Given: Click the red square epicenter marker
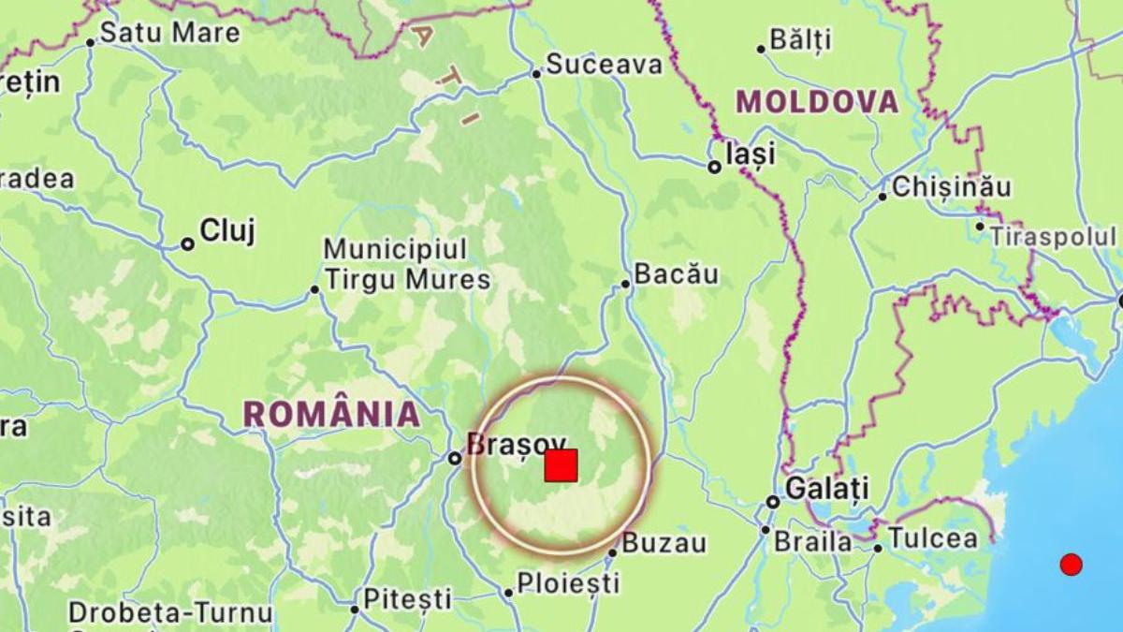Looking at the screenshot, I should pyautogui.click(x=561, y=465).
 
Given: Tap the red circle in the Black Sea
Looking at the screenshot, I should pyautogui.click(x=1071, y=564).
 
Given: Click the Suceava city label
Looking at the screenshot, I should pyautogui.click(x=604, y=65).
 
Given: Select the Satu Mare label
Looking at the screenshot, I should pyautogui.click(x=169, y=33).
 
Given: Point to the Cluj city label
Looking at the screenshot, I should pyautogui.click(x=227, y=231).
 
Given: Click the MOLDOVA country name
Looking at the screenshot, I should pyautogui.click(x=817, y=102).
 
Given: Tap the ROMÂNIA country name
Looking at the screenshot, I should pyautogui.click(x=332, y=414).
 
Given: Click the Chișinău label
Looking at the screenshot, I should pyautogui.click(x=951, y=187).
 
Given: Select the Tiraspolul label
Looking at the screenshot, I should pyautogui.click(x=1053, y=236).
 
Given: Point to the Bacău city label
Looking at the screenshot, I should pyautogui.click(x=676, y=274).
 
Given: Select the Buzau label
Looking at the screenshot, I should pyautogui.click(x=664, y=543).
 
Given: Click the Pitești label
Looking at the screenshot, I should pyautogui.click(x=407, y=598).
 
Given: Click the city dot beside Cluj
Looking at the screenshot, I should pyautogui.click(x=187, y=243).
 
